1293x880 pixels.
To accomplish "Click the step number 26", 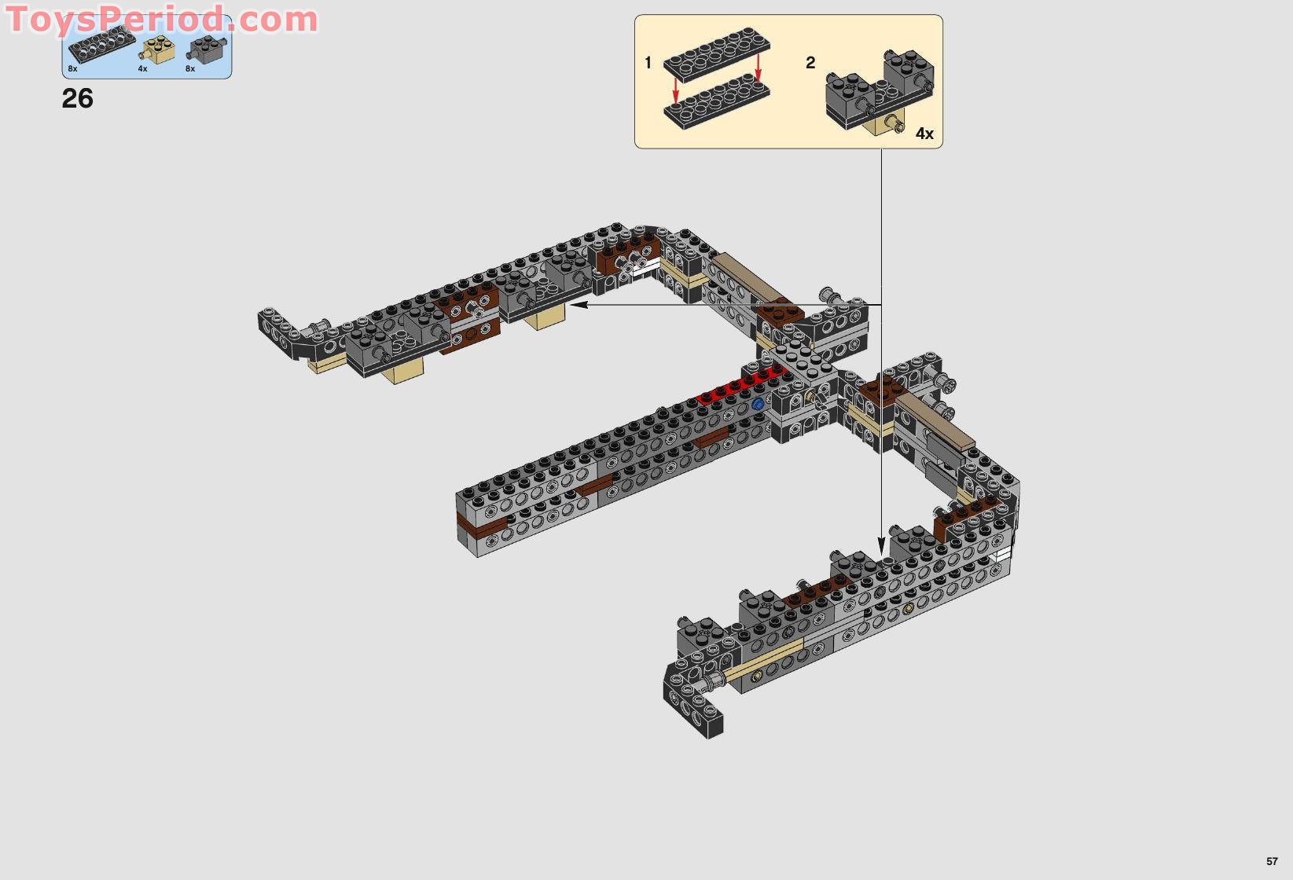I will pyautogui.click(x=77, y=99).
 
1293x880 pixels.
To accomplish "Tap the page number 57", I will pyautogui.click(x=1272, y=861).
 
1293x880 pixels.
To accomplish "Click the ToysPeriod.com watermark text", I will pyautogui.click(x=162, y=19).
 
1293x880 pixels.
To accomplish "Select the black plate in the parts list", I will pyautogui.click(x=101, y=44).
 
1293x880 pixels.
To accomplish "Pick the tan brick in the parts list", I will pyautogui.click(x=158, y=51).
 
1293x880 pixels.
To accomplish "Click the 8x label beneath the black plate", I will pyautogui.click(x=72, y=69).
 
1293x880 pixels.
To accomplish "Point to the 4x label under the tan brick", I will pyautogui.click(x=142, y=69).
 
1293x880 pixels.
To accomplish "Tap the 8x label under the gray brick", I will pyautogui.click(x=190, y=69).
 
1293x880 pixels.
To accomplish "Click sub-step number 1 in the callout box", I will pyautogui.click(x=648, y=63).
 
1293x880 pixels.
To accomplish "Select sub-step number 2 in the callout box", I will pyautogui.click(x=810, y=63).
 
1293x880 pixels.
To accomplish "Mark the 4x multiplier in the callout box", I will pyautogui.click(x=924, y=134).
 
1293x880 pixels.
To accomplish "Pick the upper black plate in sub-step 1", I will pyautogui.click(x=716, y=53).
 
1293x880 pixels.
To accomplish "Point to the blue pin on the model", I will pyautogui.click(x=758, y=404).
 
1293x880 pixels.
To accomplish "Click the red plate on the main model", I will pyautogui.click(x=739, y=387).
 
